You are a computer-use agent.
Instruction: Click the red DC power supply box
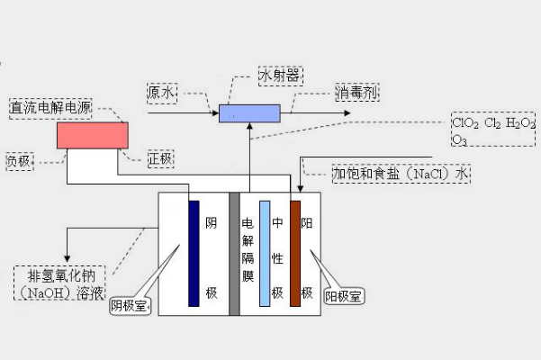click(92, 135)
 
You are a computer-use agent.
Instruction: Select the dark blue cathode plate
click(194, 253)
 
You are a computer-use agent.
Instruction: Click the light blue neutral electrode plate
click(265, 253)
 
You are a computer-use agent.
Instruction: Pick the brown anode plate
click(295, 253)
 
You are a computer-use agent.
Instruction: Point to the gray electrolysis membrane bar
click(234, 254)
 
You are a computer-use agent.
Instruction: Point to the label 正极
click(160, 159)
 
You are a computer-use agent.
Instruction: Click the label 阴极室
click(131, 306)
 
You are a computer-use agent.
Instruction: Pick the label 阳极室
click(344, 295)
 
